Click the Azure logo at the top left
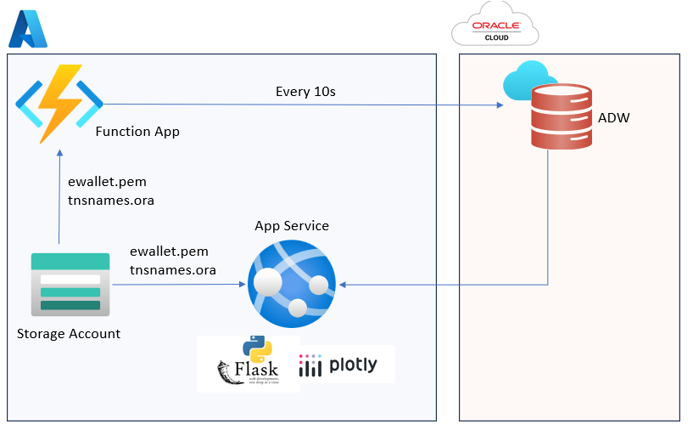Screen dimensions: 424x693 coord(27,30)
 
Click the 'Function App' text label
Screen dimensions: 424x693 coord(137,132)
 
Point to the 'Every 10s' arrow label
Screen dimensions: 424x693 coord(305,91)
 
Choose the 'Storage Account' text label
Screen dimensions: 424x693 coord(69,333)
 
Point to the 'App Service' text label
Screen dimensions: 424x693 coord(292,226)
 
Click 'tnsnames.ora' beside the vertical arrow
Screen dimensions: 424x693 coord(110,201)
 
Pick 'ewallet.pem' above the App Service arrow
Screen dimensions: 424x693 coord(169,252)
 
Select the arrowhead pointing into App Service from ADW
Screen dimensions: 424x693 coord(341,285)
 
